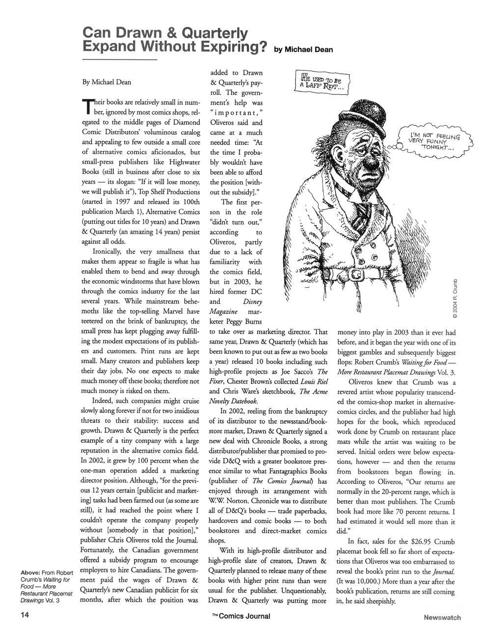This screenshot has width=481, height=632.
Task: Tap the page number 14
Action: tap(12, 614)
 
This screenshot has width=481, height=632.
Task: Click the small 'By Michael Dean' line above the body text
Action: tap(107, 82)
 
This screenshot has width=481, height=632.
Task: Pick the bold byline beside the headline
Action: tap(304, 50)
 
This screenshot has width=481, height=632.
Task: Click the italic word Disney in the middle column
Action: tap(252, 301)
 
